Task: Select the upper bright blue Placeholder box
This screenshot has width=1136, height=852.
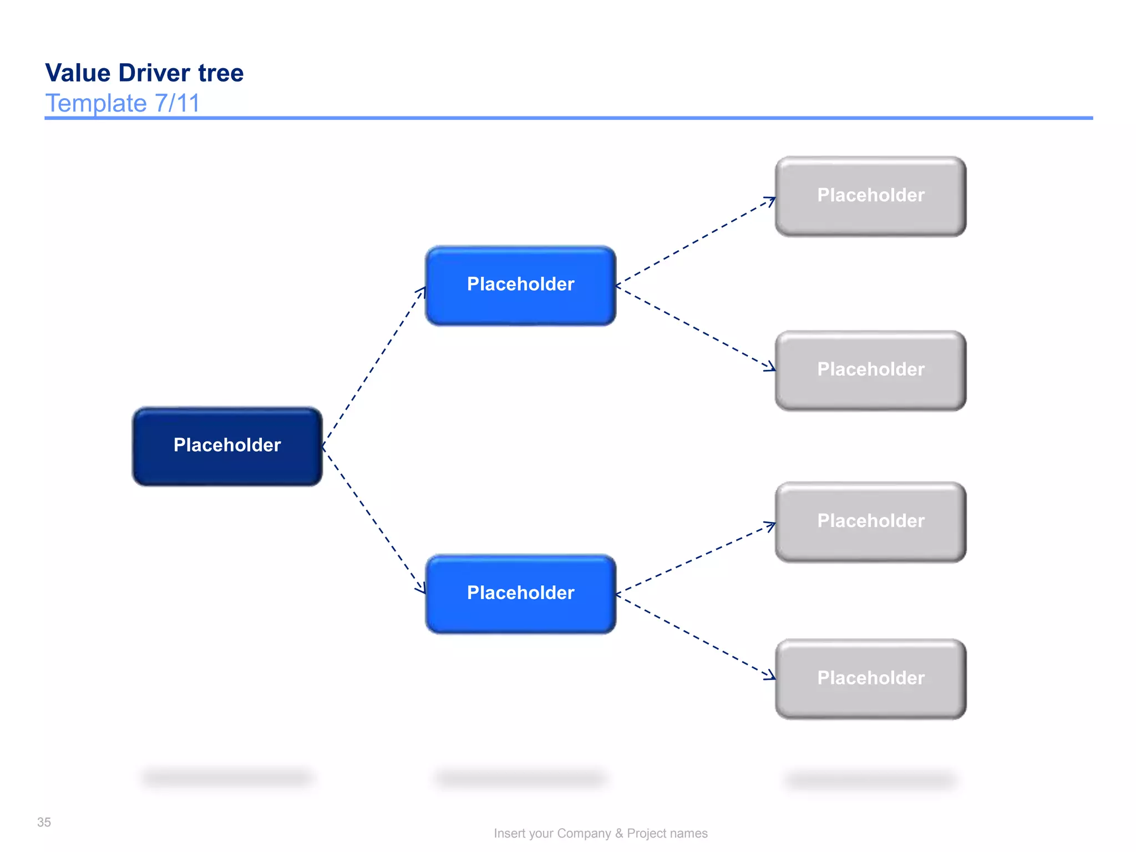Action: pos(520,285)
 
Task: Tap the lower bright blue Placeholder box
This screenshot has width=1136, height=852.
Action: pos(520,594)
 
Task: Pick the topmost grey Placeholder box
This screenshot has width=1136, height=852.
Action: pos(870,196)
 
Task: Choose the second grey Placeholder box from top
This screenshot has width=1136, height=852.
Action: pos(870,370)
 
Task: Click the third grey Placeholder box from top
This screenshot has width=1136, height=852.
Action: pos(870,521)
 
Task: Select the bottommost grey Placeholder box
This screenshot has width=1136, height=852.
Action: pos(870,678)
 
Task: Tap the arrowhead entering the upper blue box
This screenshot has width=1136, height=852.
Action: pos(422,291)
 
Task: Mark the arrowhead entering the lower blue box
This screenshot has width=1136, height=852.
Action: pos(422,589)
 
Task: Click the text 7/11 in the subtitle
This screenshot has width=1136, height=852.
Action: pos(177,103)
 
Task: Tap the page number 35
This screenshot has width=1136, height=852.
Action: pos(44,822)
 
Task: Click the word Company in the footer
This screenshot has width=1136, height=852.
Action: pos(584,833)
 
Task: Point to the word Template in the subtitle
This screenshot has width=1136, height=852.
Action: pos(95,103)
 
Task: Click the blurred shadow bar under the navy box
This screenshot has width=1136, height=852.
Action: pos(227,777)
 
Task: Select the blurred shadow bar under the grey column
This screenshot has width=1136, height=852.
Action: pos(870,780)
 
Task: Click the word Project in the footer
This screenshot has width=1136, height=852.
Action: pos(647,833)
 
